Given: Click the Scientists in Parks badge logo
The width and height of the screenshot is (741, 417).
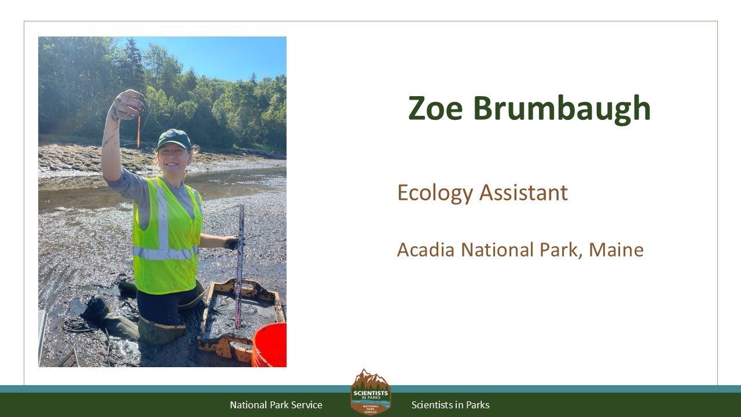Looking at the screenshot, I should (x=370, y=392).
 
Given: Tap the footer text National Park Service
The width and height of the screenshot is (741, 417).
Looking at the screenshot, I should (x=276, y=405).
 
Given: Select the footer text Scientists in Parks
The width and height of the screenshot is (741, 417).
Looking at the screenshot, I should (x=450, y=405).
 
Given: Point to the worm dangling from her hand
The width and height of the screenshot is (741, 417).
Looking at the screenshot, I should (x=139, y=130).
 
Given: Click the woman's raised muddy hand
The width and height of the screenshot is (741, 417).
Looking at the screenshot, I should (x=129, y=104).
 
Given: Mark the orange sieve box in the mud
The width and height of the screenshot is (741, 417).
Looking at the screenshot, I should (x=240, y=316).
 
